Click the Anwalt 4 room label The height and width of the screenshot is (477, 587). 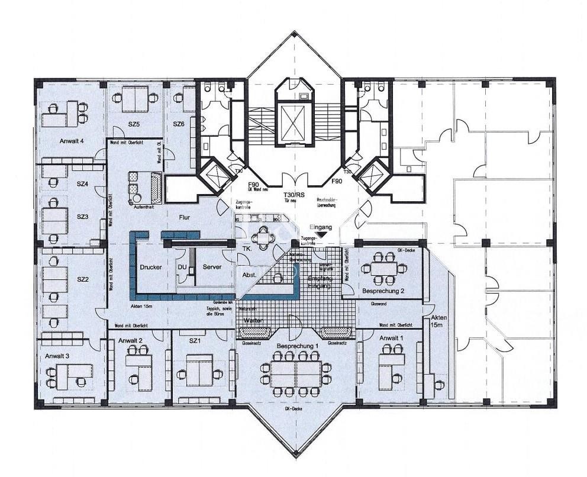pyautogui.click(x=71, y=141)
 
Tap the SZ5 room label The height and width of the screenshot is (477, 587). pyautogui.click(x=133, y=124)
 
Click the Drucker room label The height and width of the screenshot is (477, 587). pyautogui.click(x=151, y=267)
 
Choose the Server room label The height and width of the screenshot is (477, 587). pyautogui.click(x=212, y=267)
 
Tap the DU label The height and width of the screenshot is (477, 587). pyautogui.click(x=182, y=267)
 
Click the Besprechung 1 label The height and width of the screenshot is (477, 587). pyautogui.click(x=297, y=345)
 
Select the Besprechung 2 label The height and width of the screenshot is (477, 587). pyautogui.click(x=383, y=291)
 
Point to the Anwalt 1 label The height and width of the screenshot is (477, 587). pyautogui.click(x=391, y=338)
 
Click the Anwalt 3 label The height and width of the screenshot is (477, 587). pyautogui.click(x=57, y=356)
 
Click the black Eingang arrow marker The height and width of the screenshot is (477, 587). pyautogui.click(x=320, y=235)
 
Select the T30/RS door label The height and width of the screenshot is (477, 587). pyautogui.click(x=295, y=195)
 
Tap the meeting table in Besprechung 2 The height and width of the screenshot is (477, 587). pyautogui.click(x=385, y=267)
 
